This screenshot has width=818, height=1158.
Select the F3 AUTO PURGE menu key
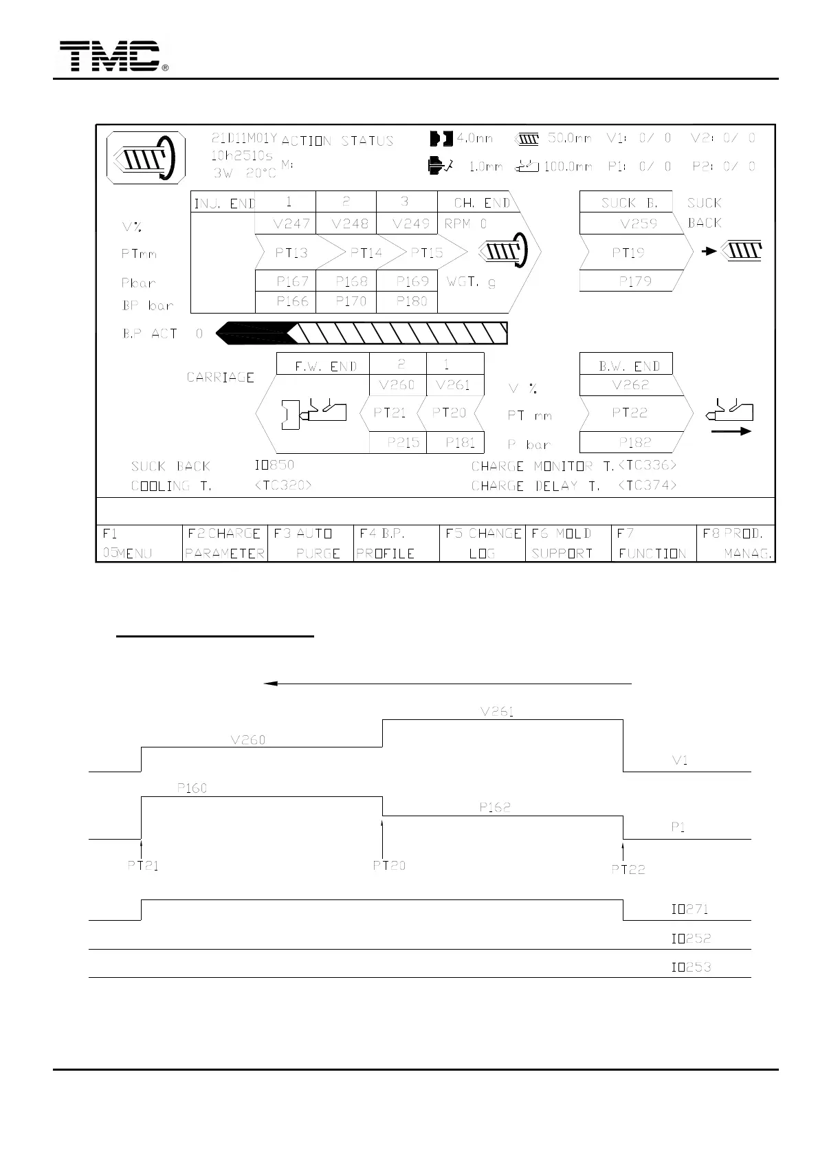click(x=310, y=543)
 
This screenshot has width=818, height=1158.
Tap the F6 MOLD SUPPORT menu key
click(x=568, y=543)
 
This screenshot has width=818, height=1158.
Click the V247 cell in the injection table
click(x=291, y=223)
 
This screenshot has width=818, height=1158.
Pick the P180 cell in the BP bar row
click(x=411, y=301)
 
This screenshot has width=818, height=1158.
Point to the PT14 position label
click(x=366, y=253)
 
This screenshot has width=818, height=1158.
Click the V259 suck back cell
click(x=638, y=223)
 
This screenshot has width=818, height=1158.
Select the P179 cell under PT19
click(x=634, y=281)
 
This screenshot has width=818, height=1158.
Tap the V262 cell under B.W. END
click(x=630, y=385)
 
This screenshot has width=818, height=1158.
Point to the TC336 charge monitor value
click(x=648, y=466)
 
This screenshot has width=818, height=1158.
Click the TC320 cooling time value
click(x=283, y=485)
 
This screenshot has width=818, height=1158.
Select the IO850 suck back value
click(x=274, y=465)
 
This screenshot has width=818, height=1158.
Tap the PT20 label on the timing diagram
click(x=389, y=866)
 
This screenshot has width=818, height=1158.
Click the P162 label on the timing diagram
click(x=494, y=807)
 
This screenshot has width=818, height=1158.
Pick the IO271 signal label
click(x=689, y=909)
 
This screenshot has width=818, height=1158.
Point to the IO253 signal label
click(x=690, y=967)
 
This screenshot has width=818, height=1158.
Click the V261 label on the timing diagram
click(x=497, y=712)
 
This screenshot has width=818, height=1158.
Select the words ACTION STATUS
click(x=338, y=141)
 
